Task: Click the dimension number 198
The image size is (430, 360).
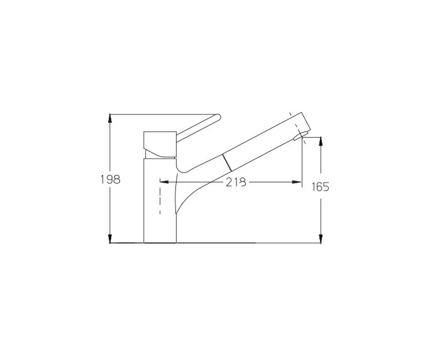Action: (x=110, y=179)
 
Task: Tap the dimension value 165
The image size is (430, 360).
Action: (x=321, y=186)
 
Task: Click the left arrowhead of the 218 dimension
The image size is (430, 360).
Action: (x=162, y=183)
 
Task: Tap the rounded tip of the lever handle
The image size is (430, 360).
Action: (x=217, y=116)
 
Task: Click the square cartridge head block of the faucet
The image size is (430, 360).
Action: (x=160, y=142)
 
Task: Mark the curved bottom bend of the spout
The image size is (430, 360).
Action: (x=182, y=168)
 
